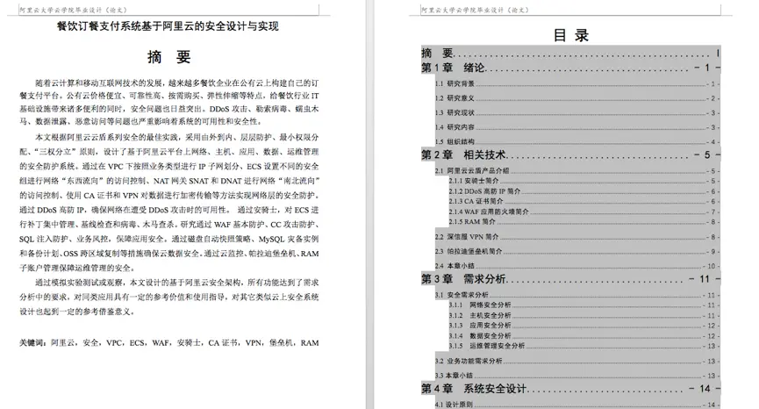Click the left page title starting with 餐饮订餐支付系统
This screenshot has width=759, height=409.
(167, 26)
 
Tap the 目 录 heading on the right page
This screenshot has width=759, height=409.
(570, 35)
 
